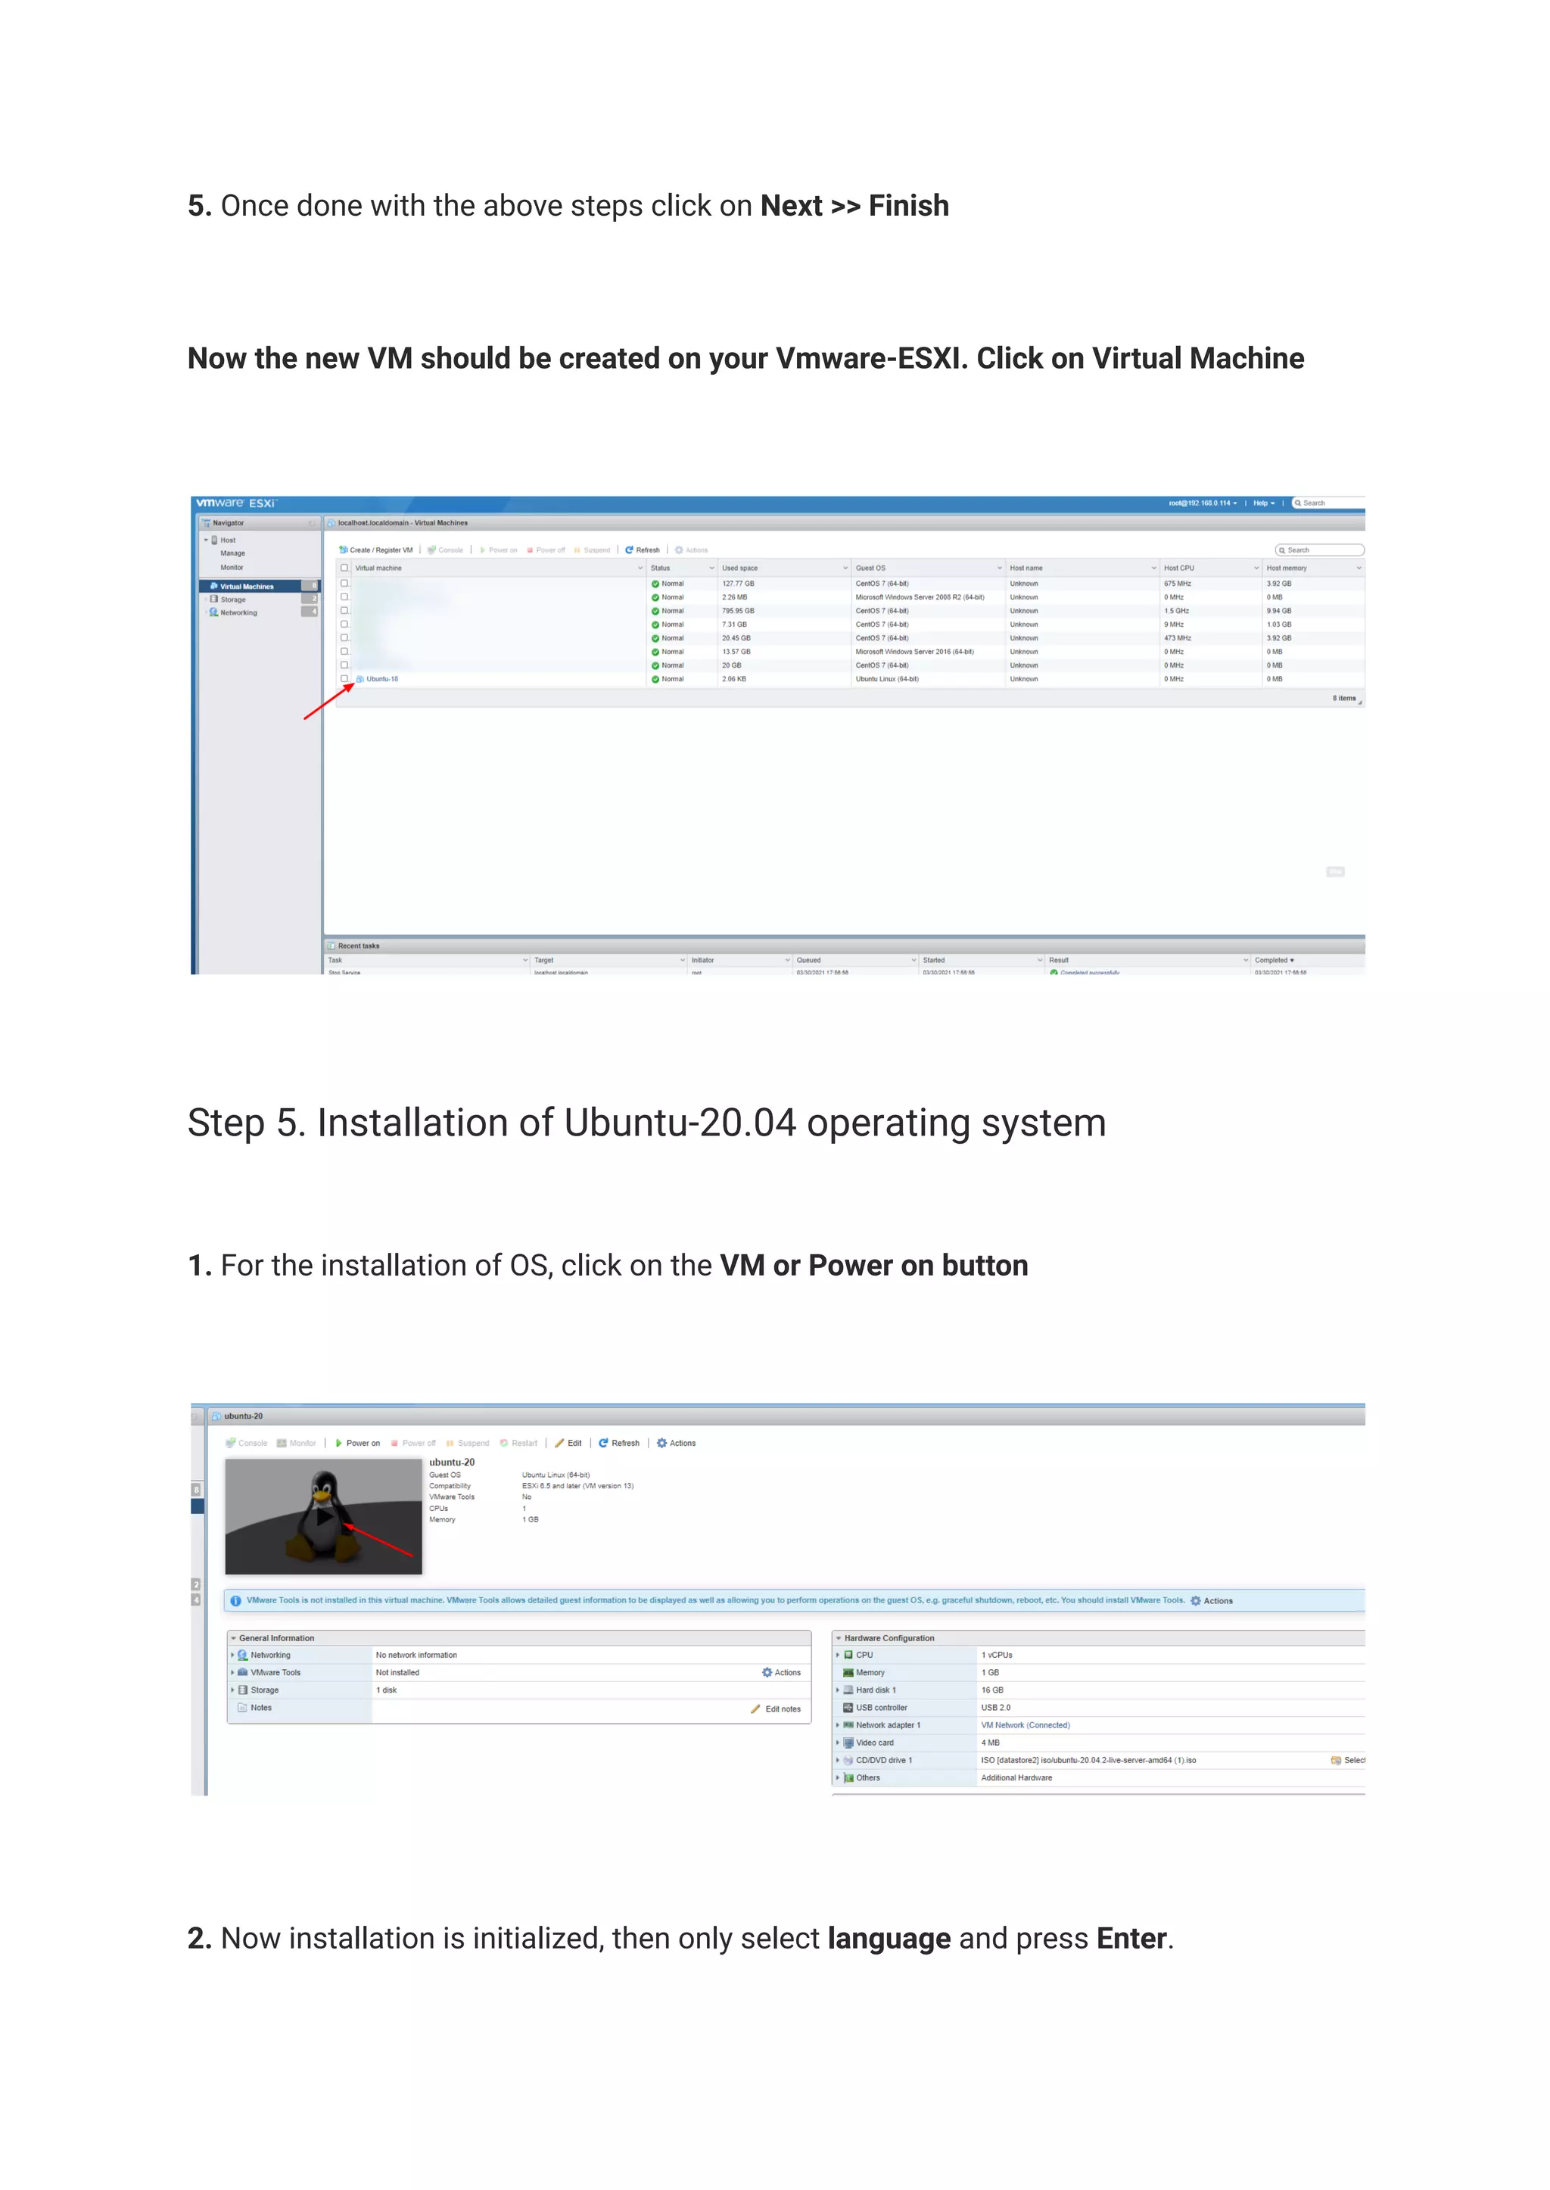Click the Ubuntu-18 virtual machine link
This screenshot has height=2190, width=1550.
[381, 679]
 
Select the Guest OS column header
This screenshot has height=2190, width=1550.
[870, 568]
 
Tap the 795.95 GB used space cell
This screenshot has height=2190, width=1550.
[738, 611]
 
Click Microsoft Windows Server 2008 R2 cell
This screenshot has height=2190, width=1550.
[919, 597]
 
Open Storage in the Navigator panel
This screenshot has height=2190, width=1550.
[233, 600]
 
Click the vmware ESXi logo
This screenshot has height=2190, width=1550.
[235, 503]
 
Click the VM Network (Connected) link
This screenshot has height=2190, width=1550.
[1025, 1725]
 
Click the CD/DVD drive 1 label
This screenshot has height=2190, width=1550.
[883, 1760]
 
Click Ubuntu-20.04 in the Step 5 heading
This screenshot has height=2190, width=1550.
[680, 1123]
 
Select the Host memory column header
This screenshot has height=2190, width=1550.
[1286, 568]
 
